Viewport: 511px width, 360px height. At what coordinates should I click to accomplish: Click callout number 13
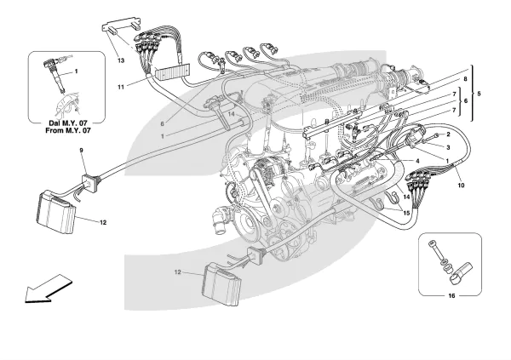click(121, 60)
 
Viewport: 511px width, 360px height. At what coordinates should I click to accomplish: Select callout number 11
click(121, 86)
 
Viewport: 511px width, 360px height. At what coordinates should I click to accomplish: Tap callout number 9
click(83, 151)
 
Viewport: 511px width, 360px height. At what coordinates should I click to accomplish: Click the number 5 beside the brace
click(478, 92)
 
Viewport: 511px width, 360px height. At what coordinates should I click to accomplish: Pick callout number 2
click(448, 134)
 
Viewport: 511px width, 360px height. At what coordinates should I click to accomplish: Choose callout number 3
click(448, 146)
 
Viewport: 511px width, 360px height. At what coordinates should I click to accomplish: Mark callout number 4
click(417, 159)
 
